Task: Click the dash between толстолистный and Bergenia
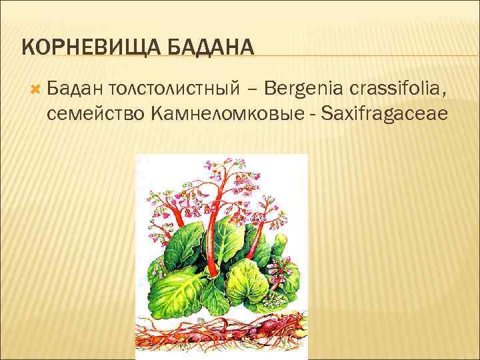[256, 87]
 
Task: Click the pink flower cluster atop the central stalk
[220, 175]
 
